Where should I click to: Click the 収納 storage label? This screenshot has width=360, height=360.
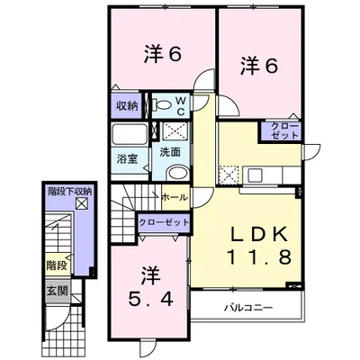[x=127, y=106]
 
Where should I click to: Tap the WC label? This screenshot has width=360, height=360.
[x=182, y=105]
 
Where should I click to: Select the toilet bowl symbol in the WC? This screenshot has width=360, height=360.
[x=162, y=105]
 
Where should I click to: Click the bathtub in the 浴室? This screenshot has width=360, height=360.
[x=130, y=134]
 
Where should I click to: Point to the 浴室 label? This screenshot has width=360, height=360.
[x=127, y=158]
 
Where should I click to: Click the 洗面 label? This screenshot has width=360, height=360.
[x=170, y=152]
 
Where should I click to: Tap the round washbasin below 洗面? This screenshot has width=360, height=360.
[x=177, y=173]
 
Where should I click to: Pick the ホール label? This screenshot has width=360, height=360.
[x=175, y=198]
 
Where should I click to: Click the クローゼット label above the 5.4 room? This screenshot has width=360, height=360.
[x=164, y=222]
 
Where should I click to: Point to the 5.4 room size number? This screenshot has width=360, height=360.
[x=151, y=299]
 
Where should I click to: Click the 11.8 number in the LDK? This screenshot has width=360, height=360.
[x=259, y=257]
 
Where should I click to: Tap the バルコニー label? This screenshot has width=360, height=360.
[x=248, y=308]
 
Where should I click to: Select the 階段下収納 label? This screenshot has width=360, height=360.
[x=70, y=192]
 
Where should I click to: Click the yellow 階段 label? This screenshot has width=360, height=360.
[x=57, y=265]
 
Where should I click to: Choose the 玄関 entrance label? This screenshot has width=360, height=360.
[x=58, y=291]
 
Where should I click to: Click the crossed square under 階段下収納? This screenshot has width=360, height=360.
[x=82, y=204]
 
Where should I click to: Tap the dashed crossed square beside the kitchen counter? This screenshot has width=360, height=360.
[x=229, y=175]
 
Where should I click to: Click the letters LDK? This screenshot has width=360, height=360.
[x=259, y=234]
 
